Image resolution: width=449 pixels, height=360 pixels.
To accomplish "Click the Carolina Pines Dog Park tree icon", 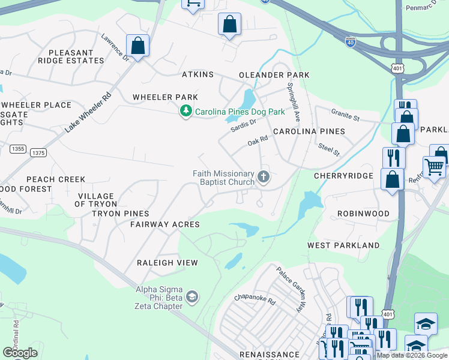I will pos(186,111).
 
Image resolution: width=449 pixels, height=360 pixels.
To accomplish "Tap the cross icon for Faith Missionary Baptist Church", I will pos(263,177).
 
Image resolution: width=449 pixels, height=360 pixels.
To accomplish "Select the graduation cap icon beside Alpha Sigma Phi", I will pos(191,297).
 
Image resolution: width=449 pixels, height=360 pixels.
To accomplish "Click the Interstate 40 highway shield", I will pos(351,42).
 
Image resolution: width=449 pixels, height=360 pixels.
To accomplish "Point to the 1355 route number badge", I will pos(18,148).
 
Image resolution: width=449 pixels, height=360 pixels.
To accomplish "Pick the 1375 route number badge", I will pos(38,153).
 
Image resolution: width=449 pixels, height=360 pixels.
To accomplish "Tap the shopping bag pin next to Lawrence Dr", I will pos(137,46).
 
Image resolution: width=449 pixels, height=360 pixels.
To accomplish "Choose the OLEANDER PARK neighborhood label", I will pos(274,75).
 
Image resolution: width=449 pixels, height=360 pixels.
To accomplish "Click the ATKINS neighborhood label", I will pos(197,74).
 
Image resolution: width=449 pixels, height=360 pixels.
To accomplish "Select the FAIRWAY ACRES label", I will pos(165,224).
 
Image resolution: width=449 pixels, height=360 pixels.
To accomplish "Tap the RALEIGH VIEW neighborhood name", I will pos(167,263).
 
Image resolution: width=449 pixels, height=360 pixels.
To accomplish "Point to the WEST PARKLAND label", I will pos(343,245).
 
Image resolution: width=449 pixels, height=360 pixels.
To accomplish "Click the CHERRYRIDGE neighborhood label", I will pos(343,176).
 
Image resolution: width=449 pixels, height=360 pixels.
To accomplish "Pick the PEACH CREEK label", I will pos(56,179).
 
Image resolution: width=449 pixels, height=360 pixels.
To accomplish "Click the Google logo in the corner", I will pos(20,353).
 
